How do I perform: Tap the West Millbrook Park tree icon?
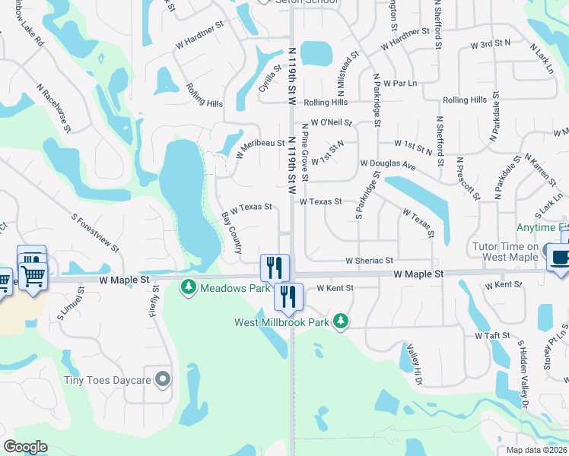coord(342,322)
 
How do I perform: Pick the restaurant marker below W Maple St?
coord(288,296)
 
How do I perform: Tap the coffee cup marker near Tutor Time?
coord(560,257)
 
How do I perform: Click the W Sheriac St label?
coord(369,260)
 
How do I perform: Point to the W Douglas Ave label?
coord(387,164)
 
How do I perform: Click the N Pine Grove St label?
coord(304,152)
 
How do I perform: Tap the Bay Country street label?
coord(231,233)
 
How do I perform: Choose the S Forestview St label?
coord(96,233)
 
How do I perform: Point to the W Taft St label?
coord(491,335)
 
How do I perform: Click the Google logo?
coord(25,447)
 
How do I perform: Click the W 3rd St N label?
coord(490,45)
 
